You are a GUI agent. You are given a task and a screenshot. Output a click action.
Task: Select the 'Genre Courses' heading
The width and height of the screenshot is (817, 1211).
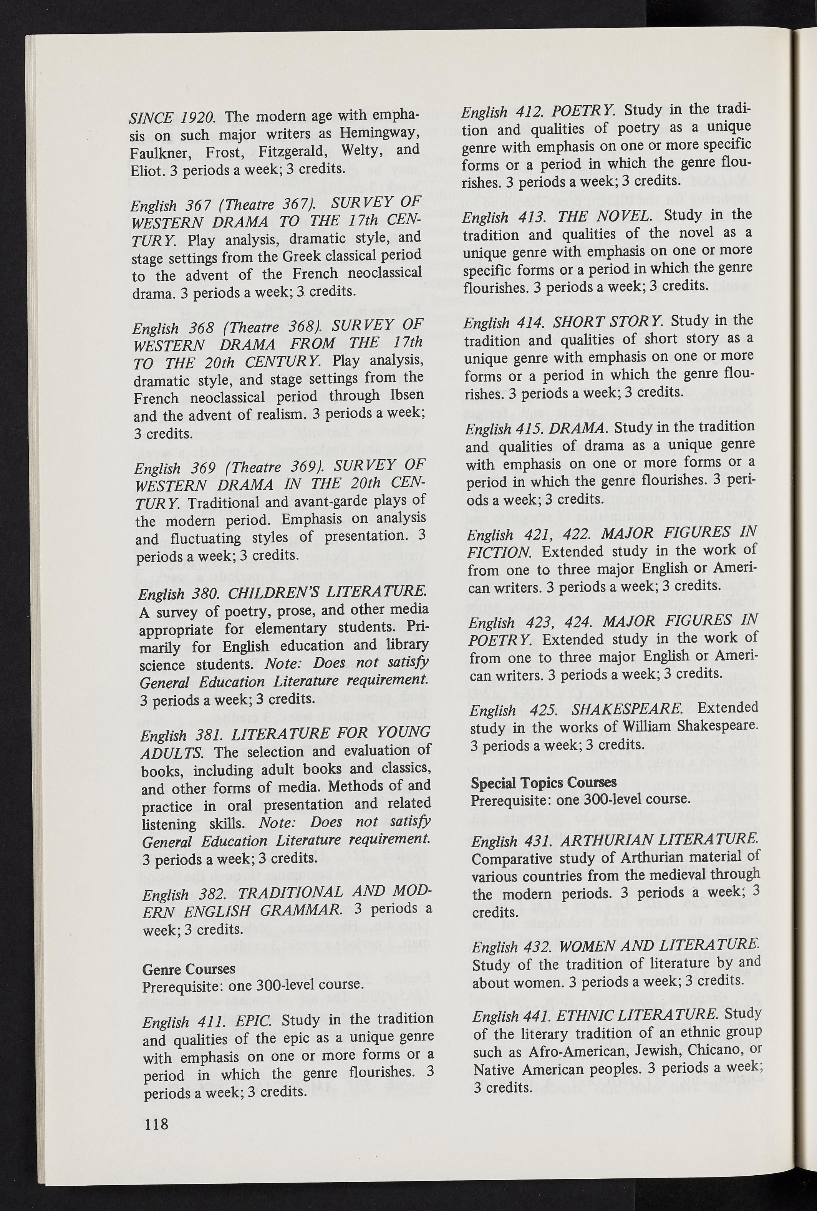point(189,969)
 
